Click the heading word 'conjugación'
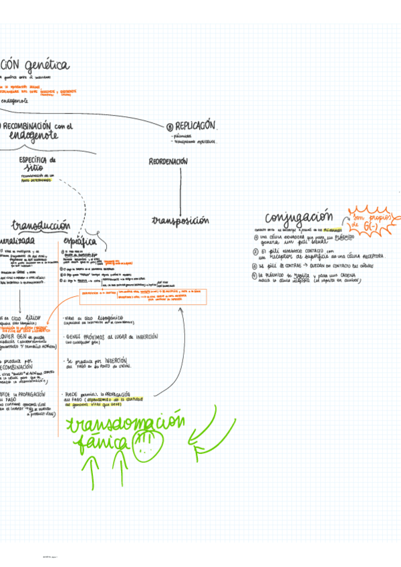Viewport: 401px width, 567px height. (299, 218)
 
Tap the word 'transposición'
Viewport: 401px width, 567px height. (180, 220)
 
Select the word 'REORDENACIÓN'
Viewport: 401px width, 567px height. (168, 162)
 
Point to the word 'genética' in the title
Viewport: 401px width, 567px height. (47, 66)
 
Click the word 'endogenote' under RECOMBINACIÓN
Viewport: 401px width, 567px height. (33, 136)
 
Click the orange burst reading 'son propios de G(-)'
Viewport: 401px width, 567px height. (372, 220)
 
